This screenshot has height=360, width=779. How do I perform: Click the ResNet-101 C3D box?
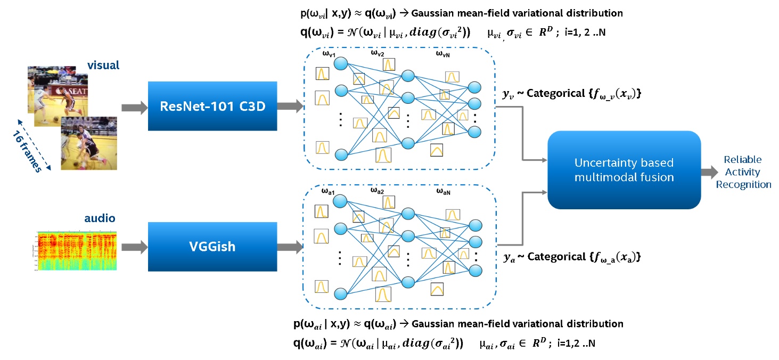click(212, 106)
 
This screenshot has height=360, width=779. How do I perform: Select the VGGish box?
click(212, 247)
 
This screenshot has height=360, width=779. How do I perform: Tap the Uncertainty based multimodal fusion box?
click(624, 169)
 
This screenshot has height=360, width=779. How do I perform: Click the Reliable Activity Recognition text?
click(743, 173)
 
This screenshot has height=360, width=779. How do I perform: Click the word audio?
click(100, 218)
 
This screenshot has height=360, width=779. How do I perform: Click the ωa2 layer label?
click(378, 190)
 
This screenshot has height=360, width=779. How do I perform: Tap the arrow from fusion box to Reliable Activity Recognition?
click(710, 172)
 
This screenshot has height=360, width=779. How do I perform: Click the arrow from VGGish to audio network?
click(290, 248)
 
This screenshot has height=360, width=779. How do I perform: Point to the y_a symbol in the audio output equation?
click(509, 258)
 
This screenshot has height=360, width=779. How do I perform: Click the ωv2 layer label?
click(378, 53)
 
